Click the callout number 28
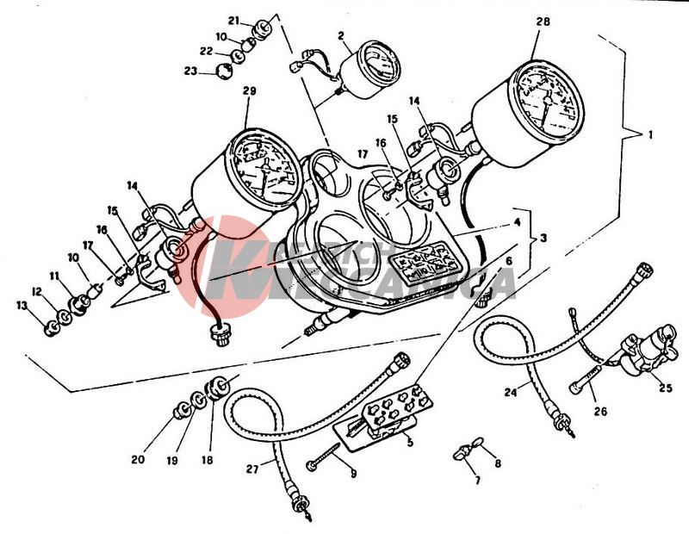[541, 21]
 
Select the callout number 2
[341, 35]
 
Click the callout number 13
[22, 306]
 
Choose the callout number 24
[511, 393]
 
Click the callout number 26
[600, 411]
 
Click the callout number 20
[138, 459]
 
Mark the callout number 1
[649, 135]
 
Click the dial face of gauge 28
[546, 102]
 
